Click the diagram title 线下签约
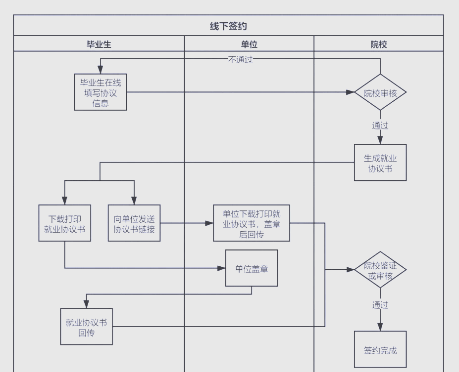point(228,26)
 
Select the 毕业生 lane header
point(99,44)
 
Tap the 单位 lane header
point(249,44)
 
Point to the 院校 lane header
point(379,44)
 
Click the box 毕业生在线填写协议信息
point(101,92)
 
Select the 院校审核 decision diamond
point(380,92)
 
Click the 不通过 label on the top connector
point(240,59)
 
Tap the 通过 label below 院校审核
point(380,125)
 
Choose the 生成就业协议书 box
point(380,163)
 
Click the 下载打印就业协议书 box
point(65,223)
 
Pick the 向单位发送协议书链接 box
point(134,223)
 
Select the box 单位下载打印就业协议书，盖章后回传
point(252,223)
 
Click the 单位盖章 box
point(252,268)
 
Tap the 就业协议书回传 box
point(86,327)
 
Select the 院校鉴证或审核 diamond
point(380,270)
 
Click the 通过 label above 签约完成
point(380,305)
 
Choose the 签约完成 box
point(380,350)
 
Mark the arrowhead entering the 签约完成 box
point(380,327)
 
